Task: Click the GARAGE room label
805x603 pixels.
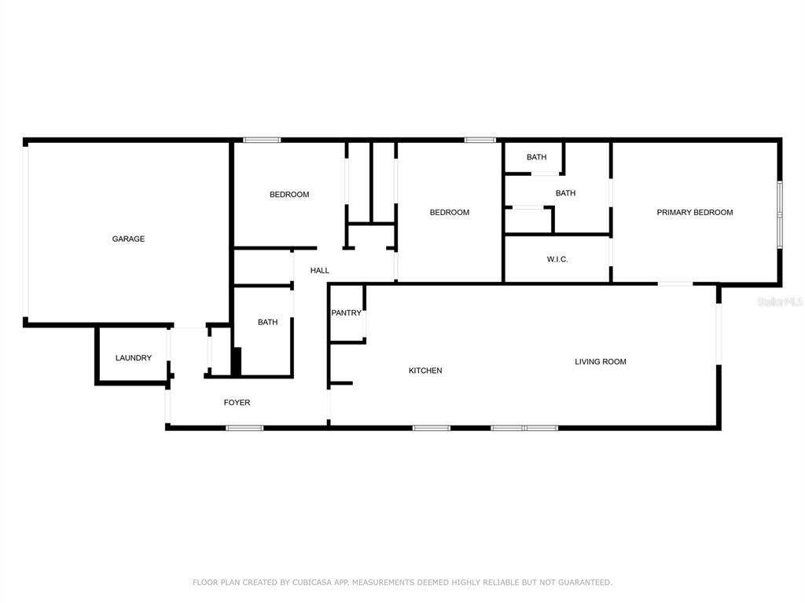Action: pyautogui.click(x=128, y=239)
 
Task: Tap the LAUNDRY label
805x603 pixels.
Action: pyautogui.click(x=134, y=358)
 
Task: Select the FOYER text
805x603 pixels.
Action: pyautogui.click(x=237, y=403)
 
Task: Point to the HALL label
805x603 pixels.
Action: pyautogui.click(x=319, y=270)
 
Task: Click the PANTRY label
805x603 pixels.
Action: pyautogui.click(x=346, y=312)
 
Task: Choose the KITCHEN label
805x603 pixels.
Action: pyautogui.click(x=425, y=371)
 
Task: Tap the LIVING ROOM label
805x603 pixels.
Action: pyautogui.click(x=600, y=361)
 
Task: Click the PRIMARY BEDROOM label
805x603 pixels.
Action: pyautogui.click(x=695, y=212)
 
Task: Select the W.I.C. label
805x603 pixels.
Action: pyautogui.click(x=557, y=259)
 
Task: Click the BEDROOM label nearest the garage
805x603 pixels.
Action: pyautogui.click(x=289, y=195)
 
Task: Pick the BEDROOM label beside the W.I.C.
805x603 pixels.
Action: pyautogui.click(x=449, y=212)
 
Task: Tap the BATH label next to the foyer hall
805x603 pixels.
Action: pyautogui.click(x=267, y=322)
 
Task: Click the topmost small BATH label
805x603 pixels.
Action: pyautogui.click(x=536, y=157)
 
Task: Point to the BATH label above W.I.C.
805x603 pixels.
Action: pyautogui.click(x=565, y=193)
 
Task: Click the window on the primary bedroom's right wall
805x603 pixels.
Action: pyautogui.click(x=779, y=214)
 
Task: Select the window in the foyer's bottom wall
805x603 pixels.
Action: pyautogui.click(x=244, y=428)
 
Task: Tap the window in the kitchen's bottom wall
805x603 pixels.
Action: pyautogui.click(x=432, y=428)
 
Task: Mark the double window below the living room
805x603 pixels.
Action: pyautogui.click(x=524, y=428)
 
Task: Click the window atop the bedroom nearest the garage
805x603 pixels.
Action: pyautogui.click(x=262, y=140)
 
